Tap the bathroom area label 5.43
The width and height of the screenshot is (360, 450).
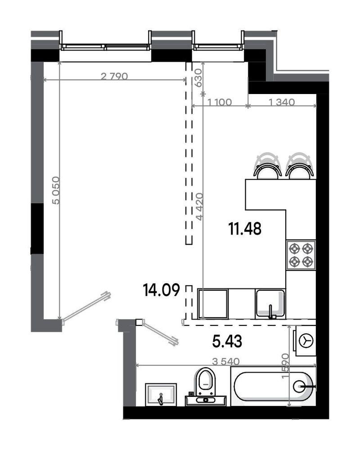click(227, 342)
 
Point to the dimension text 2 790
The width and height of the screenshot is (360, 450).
click(115, 76)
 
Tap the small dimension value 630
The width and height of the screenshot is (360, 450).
click(198, 76)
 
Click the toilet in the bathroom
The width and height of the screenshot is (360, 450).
click(207, 382)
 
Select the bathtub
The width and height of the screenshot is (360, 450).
click(273, 386)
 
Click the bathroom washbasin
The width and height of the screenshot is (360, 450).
click(161, 394)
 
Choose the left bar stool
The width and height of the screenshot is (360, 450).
click(267, 166)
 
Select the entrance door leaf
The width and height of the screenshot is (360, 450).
click(85, 308)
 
